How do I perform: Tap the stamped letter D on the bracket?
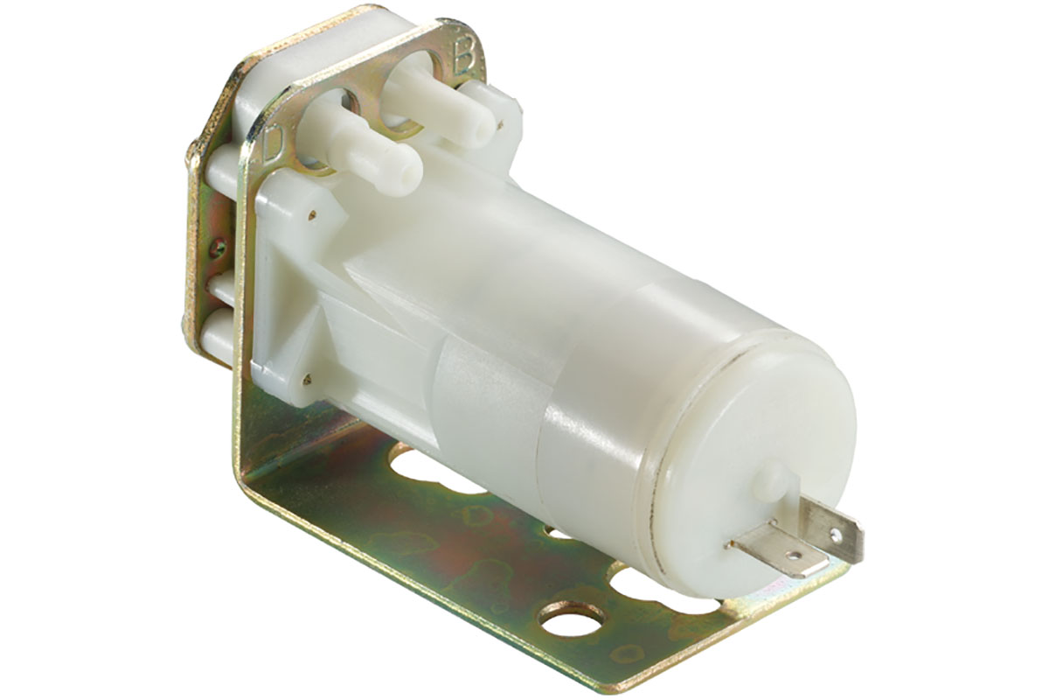click(274, 142)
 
